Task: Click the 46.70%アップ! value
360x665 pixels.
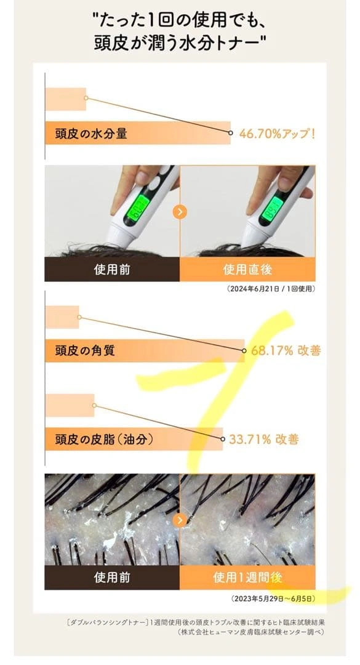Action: (x=278, y=134)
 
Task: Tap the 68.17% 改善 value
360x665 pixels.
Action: (x=286, y=351)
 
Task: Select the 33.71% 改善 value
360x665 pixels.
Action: (x=264, y=439)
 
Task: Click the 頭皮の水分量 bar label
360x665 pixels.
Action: (x=91, y=134)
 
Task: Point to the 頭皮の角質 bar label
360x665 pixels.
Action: (x=85, y=351)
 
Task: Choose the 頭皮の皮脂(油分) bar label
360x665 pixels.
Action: (x=104, y=439)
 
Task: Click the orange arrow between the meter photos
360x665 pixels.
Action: (x=180, y=212)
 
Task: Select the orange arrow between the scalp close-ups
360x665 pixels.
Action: (x=180, y=520)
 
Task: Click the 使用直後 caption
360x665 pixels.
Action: (x=247, y=269)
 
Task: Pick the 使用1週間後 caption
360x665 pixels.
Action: (x=247, y=578)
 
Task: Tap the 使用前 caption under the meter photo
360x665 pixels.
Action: (x=112, y=269)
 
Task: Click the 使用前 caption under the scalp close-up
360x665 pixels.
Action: (x=112, y=578)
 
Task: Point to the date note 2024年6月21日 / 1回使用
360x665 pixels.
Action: (x=271, y=289)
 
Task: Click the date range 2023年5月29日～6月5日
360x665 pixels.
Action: (x=273, y=598)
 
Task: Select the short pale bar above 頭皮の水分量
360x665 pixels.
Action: (x=66, y=99)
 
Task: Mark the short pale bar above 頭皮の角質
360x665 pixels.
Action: (x=62, y=317)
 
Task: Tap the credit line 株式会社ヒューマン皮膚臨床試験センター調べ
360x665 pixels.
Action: (x=251, y=632)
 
